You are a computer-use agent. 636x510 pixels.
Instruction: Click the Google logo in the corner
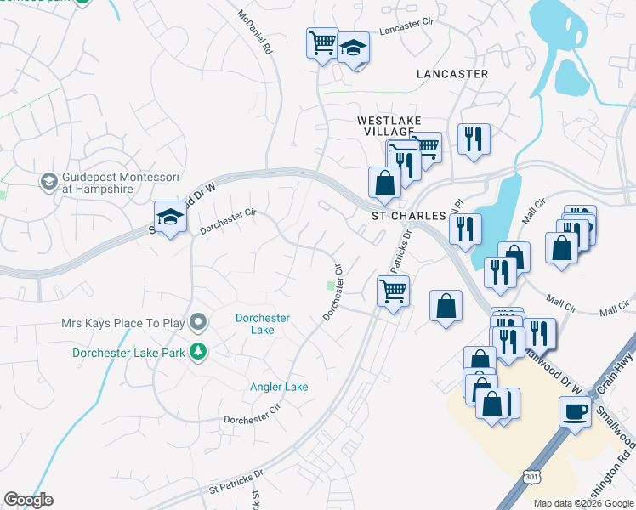(28, 500)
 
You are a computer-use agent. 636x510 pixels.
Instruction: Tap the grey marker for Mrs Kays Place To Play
(198, 323)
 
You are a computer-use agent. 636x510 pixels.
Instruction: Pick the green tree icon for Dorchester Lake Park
(198, 351)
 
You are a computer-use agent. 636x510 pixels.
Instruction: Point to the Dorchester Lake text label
(263, 324)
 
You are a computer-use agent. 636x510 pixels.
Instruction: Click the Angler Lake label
(279, 387)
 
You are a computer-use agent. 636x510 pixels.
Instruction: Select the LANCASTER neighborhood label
(452, 74)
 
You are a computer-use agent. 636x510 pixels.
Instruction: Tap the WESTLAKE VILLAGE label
(389, 127)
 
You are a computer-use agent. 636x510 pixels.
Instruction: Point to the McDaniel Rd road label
(254, 33)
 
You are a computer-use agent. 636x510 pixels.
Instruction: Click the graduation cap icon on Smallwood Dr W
(171, 218)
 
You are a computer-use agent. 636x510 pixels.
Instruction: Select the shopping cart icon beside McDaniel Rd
(322, 42)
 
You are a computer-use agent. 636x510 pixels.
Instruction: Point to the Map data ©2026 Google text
(582, 503)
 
